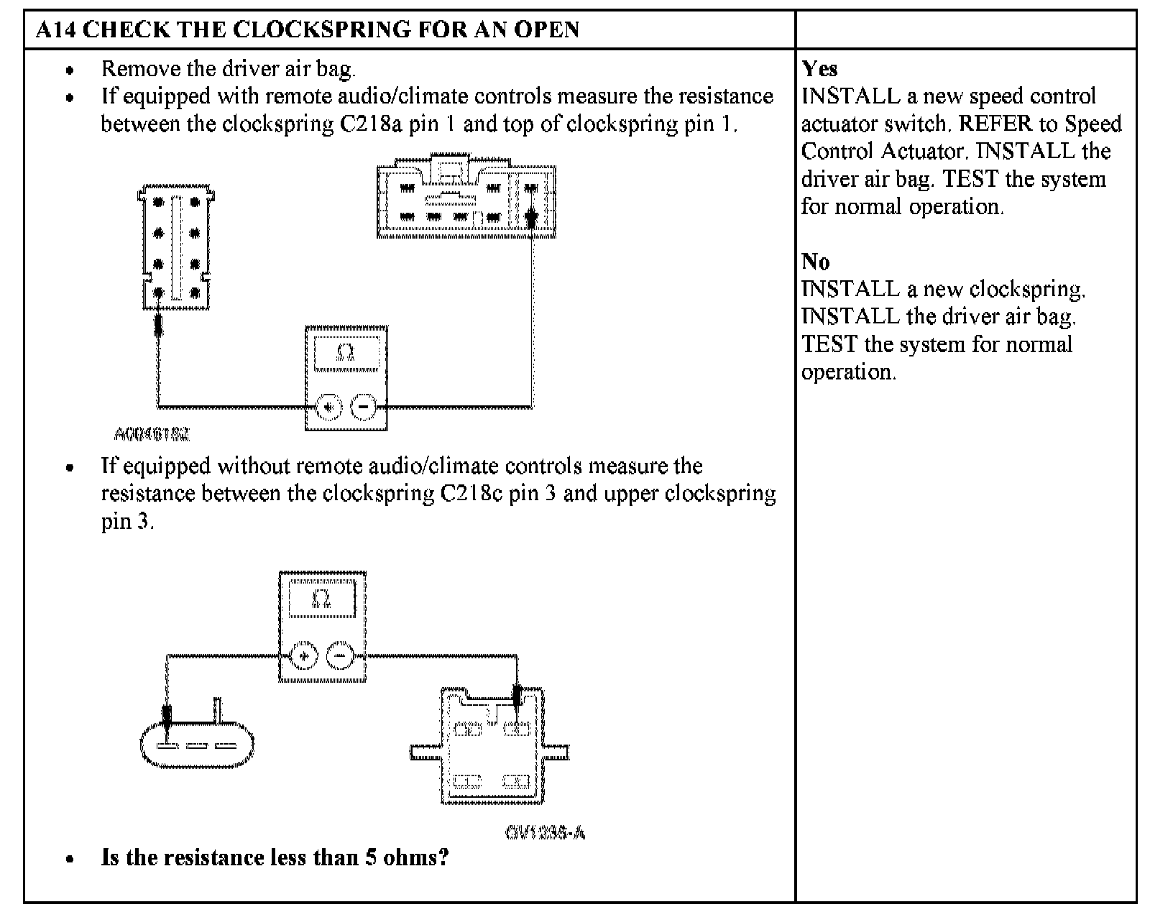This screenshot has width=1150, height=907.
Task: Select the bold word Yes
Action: (x=819, y=69)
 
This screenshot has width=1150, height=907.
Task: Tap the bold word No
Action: (x=815, y=261)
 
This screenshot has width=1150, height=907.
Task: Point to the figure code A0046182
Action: (x=152, y=434)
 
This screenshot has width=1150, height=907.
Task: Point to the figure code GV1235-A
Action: (x=545, y=833)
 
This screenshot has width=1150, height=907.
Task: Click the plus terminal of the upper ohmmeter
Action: (x=328, y=407)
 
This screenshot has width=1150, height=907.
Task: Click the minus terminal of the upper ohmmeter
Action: (x=364, y=407)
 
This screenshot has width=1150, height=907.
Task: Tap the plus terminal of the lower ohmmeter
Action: (x=303, y=656)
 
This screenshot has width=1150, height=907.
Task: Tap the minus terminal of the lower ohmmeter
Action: (x=340, y=656)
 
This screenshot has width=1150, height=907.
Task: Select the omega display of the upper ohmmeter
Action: (x=346, y=352)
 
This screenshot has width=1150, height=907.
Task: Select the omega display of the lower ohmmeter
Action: (x=321, y=598)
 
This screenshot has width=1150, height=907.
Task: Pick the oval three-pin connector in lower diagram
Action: (x=196, y=744)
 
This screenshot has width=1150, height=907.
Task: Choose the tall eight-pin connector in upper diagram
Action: (x=176, y=247)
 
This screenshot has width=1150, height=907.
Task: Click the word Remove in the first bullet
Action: (x=141, y=69)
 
